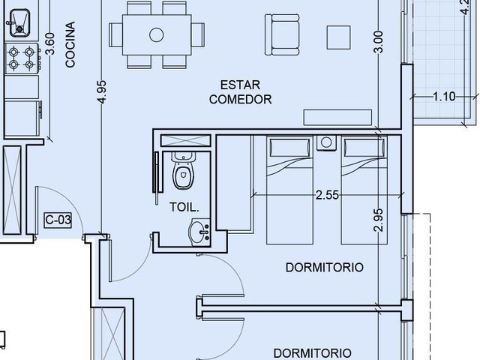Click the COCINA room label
click(70, 44)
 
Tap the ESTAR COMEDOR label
click(241, 92)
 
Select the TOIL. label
click(184, 207)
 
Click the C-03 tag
click(58, 220)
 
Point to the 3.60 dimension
click(50, 43)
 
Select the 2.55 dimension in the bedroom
click(327, 195)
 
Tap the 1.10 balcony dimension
click(444, 97)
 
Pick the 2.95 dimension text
click(378, 220)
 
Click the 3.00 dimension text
click(378, 42)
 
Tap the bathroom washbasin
click(199, 232)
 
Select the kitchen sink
click(19, 22)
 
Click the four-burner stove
click(22, 58)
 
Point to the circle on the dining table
click(157, 35)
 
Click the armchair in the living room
click(282, 34)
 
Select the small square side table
click(338, 37)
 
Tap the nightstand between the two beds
click(326, 143)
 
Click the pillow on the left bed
click(289, 148)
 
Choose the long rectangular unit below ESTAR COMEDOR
click(337, 117)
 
